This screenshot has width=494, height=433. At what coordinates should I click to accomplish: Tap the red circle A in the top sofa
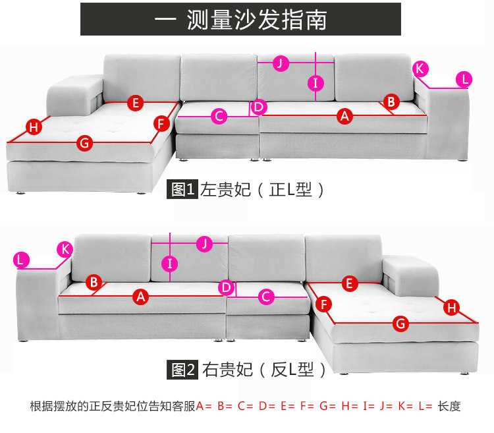pos(344,116)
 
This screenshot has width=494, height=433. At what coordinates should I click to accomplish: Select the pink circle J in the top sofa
pos(281,63)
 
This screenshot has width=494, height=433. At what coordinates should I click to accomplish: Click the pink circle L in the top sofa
pos(464,80)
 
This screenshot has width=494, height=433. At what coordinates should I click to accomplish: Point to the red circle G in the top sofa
pos(84,142)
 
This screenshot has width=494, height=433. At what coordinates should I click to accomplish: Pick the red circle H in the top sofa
pos(33,127)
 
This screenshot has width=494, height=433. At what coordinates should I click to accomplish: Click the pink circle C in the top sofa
pos(219,117)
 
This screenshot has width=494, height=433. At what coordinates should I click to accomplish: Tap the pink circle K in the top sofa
pos(421,68)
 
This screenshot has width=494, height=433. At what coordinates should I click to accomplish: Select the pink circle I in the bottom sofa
pos(170,264)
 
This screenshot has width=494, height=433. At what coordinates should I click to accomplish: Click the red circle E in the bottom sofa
pos(350,283)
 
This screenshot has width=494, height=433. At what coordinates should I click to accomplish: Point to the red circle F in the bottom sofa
pos(323,304)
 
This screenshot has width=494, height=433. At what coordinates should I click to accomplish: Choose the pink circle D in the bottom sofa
pos(226,287)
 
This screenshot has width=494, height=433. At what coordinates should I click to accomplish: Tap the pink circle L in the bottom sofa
pos(22,260)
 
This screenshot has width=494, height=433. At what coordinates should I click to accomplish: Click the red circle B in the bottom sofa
pos(94,282)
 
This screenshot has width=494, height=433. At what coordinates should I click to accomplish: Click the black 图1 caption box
pos(182,190)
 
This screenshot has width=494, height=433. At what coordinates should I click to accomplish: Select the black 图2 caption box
pos(182,370)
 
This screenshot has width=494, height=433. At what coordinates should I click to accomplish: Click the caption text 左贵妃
pos(226,190)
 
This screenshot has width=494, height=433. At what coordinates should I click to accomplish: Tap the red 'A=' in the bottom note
pos(204,406)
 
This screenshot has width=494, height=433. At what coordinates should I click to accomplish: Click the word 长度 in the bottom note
pos(449,406)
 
